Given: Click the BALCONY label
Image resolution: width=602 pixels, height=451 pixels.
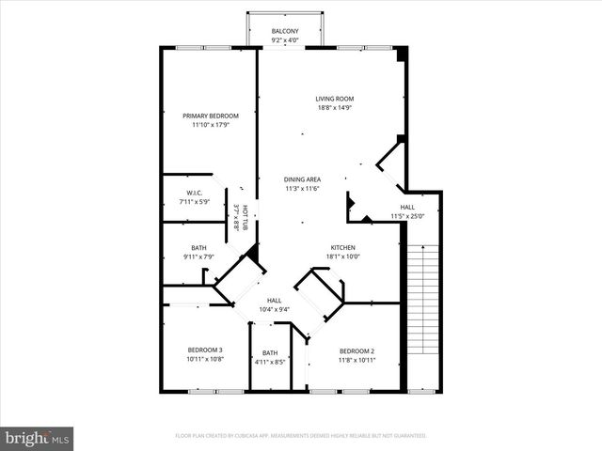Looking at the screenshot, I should (285, 31).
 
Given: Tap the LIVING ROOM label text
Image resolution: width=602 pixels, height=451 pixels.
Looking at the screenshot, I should (334, 98).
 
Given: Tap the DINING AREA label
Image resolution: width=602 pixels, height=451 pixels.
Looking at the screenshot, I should (303, 179).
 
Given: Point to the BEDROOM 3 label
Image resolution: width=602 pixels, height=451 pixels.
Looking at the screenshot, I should (204, 350).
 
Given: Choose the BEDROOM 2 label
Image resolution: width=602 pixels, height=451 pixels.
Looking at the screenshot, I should (356, 350).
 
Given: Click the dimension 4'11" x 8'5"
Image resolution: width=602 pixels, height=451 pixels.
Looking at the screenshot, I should (270, 361).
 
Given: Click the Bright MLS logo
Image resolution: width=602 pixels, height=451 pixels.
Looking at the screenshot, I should (38, 438).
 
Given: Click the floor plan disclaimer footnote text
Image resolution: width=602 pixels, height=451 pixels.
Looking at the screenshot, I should (301, 436).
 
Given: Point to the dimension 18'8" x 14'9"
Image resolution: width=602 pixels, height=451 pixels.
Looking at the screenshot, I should (334, 107).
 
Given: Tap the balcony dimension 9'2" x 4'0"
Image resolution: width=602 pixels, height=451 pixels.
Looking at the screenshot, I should (285, 40).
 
